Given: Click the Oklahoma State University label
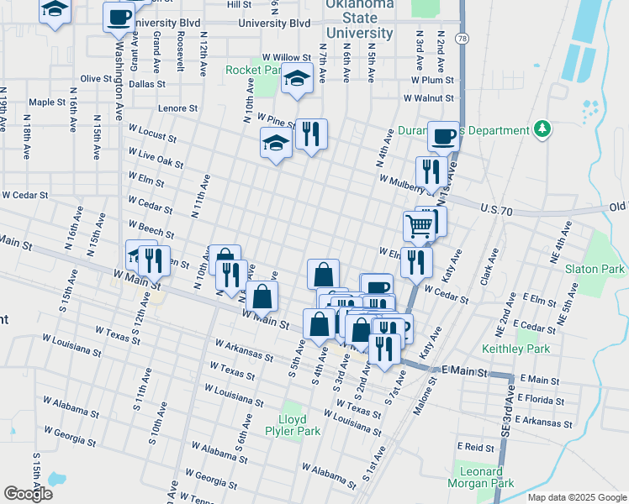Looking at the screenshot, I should (359, 19).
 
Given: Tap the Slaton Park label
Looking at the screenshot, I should (595, 270).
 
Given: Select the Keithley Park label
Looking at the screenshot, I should (515, 348).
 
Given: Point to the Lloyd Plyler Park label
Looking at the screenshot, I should (300, 424).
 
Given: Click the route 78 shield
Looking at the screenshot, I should (462, 39).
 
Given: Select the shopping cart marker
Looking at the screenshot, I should (420, 224).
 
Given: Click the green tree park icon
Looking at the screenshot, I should (543, 129).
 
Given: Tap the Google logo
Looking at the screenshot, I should (28, 493).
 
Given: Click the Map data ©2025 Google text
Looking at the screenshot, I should (577, 497).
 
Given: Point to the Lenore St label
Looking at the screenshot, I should (177, 108).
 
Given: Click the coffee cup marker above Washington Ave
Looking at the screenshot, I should (119, 17).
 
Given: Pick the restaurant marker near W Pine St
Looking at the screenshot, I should (311, 133).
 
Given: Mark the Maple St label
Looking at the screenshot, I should (47, 102).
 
